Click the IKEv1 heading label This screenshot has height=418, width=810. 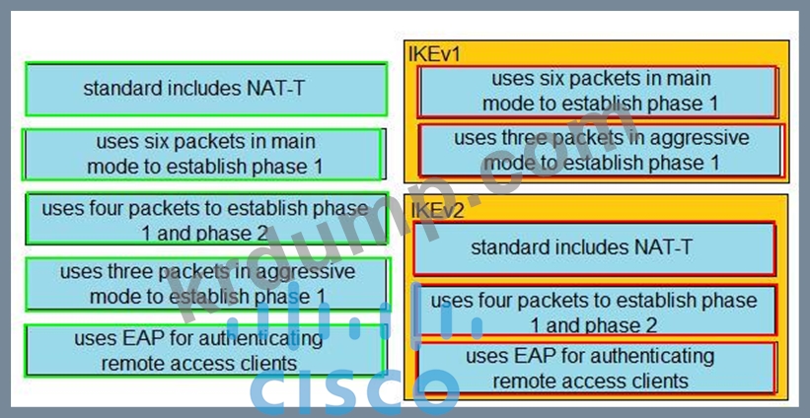(x=434, y=54)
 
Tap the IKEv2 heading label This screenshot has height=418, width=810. (x=435, y=208)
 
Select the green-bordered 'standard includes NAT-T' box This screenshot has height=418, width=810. (x=205, y=89)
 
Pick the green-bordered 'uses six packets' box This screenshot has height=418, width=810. (x=203, y=154)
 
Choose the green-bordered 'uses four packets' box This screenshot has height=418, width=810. (x=204, y=220)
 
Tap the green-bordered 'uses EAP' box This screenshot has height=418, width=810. (x=203, y=350)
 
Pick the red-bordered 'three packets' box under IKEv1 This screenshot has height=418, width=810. (x=601, y=150)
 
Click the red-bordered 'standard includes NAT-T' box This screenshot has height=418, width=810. (x=594, y=247)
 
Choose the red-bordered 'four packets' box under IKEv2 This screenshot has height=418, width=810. (x=594, y=312)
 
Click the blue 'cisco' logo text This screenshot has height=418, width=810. (x=355, y=389)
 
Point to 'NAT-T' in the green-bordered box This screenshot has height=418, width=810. (x=274, y=89)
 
